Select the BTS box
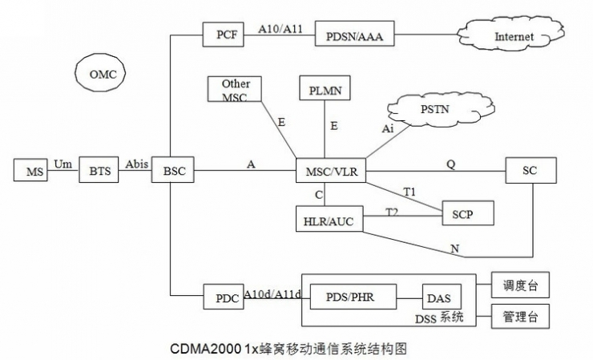coord(99,171)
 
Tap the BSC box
coord(173,171)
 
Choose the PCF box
coord(224,36)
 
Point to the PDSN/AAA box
coord(354,36)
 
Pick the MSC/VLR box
coord(331,171)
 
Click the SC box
coord(530,171)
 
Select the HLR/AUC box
coord(329,218)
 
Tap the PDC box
coord(222,297)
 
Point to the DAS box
coord(438,297)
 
